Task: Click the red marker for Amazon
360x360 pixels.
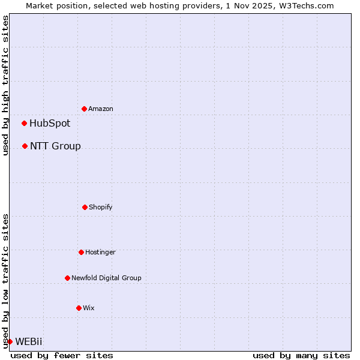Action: [84, 109]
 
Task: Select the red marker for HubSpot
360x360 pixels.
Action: [24, 123]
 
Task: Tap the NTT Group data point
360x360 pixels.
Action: [25, 146]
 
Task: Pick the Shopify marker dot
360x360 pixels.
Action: [85, 207]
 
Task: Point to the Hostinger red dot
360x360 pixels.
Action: [81, 252]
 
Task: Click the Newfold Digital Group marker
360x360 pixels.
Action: [67, 278]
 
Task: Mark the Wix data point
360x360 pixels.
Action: [79, 308]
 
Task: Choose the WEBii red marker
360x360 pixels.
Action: [10, 341]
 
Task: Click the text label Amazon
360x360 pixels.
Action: [101, 109]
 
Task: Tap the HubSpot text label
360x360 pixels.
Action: [50, 123]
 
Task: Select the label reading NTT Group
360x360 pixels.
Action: [55, 146]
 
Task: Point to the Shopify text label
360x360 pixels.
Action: [101, 207]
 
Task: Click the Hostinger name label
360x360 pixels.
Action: [100, 252]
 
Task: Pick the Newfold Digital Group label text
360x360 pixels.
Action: [106, 278]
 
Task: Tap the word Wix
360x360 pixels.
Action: [89, 308]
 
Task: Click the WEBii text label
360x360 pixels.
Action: [29, 341]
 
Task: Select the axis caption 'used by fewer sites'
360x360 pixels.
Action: [62, 355]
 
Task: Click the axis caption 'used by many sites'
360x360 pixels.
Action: [301, 355]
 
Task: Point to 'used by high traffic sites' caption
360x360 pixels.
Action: [5, 85]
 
